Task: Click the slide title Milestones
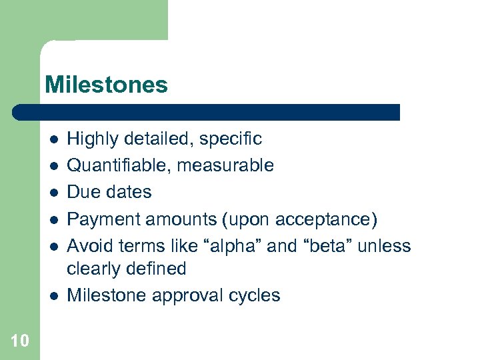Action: (106, 85)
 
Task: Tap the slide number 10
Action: (20, 341)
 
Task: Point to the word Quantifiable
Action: (119, 165)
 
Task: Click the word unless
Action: (384, 246)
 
